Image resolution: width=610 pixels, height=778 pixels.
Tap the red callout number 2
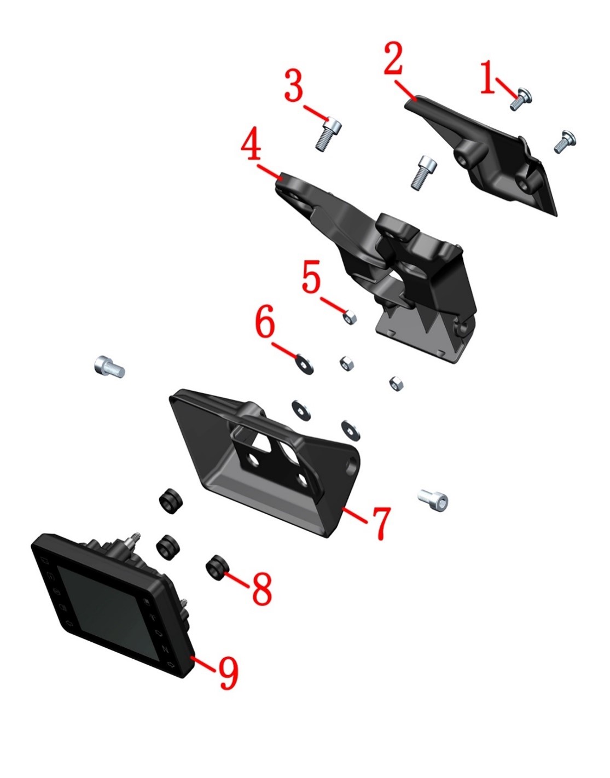click(393, 59)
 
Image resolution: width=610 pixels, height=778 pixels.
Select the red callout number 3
click(294, 85)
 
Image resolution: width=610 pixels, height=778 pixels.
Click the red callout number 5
click(311, 276)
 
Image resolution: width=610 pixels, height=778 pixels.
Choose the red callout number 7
click(381, 524)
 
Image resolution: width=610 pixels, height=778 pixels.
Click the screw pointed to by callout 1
click(520, 99)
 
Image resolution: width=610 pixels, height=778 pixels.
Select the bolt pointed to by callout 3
click(328, 134)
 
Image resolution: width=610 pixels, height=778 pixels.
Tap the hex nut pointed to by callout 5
click(350, 317)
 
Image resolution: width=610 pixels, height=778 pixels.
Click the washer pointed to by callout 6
click(304, 364)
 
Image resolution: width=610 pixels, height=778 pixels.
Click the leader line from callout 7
click(355, 515)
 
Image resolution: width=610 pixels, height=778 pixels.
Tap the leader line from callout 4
click(269, 172)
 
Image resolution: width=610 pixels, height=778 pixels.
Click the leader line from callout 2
click(405, 90)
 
